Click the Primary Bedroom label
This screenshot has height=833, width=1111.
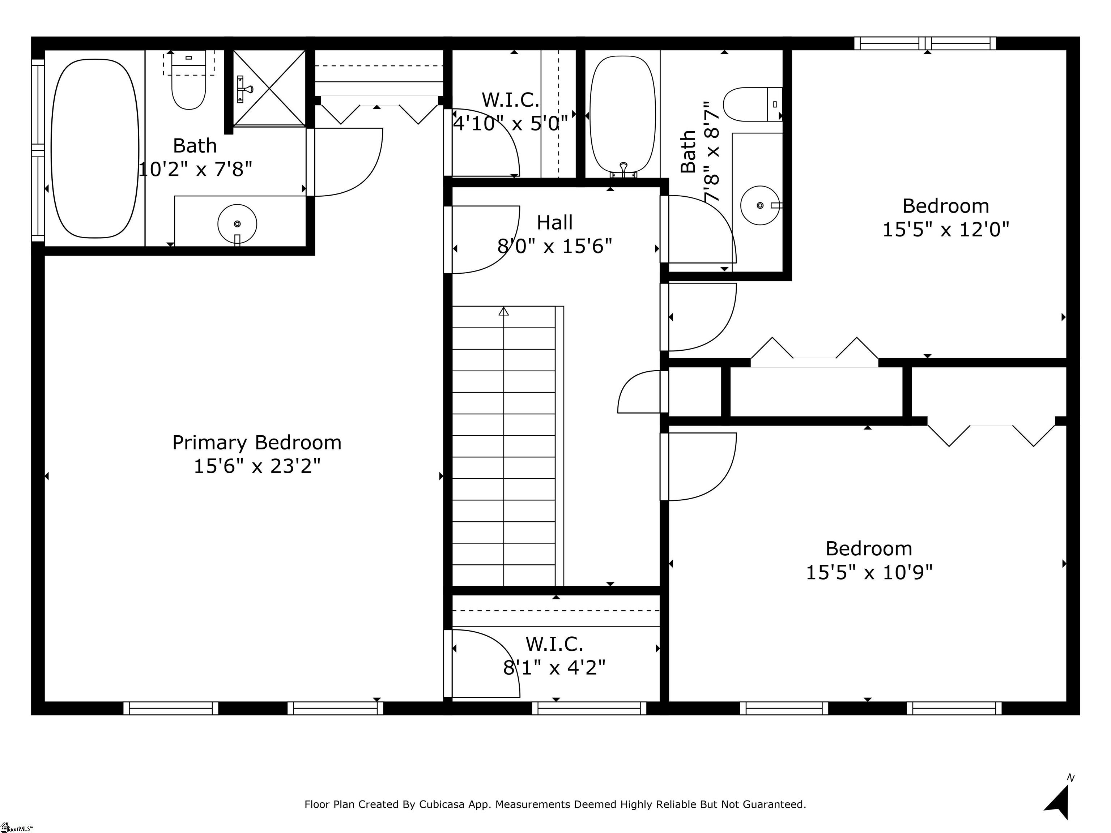pyautogui.click(x=257, y=443)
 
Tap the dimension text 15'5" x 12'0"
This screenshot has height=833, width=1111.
pyautogui.click(x=945, y=230)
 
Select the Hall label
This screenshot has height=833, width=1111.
pyautogui.click(x=554, y=222)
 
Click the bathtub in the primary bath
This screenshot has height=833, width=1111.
pyautogui.click(x=95, y=149)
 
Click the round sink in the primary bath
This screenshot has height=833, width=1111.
pyautogui.click(x=237, y=224)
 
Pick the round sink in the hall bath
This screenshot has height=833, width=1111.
pyautogui.click(x=760, y=205)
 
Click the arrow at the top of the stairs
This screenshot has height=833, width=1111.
pyautogui.click(x=504, y=311)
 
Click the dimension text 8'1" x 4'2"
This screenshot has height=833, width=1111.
pyautogui.click(x=554, y=668)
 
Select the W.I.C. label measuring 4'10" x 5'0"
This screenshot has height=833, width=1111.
pyautogui.click(x=510, y=100)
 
